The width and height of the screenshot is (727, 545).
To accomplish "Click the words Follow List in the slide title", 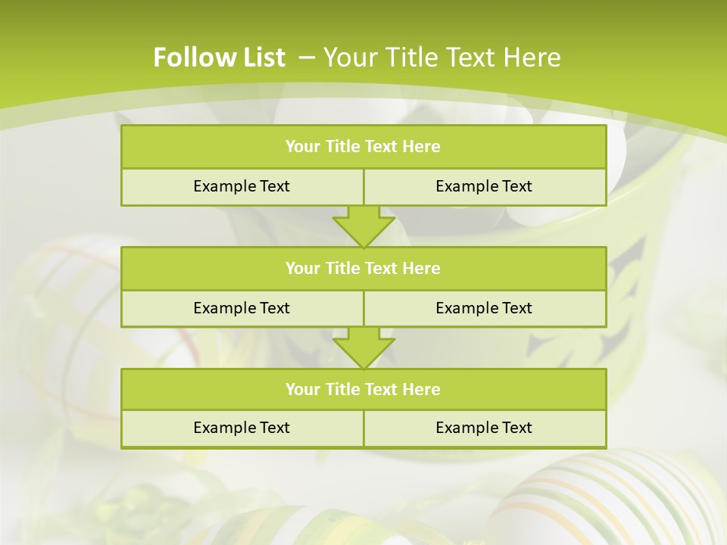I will coord(219,58).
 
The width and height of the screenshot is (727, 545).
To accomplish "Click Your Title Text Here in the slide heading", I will coord(442,58).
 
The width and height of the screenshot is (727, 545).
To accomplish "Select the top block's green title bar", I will coord(363,147).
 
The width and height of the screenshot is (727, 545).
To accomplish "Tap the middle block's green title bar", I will coord(363,268).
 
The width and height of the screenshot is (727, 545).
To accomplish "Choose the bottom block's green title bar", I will coord(363,389).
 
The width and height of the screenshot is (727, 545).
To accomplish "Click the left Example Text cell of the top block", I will coord(242,186).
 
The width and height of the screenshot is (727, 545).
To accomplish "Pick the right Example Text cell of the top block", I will coord(484,186).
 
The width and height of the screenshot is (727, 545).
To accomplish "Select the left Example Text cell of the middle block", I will coord(242,308).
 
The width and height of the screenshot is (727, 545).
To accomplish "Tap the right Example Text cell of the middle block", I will coord(484,308).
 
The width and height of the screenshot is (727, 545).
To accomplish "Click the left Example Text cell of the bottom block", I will coord(242,428).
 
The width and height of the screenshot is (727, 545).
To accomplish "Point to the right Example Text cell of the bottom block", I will coord(484,428).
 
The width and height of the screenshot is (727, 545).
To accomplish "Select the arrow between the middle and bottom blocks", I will coord(363,347).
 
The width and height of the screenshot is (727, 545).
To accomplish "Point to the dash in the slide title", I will coord(307,58).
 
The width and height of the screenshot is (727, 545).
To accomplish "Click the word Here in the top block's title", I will coord(421,147).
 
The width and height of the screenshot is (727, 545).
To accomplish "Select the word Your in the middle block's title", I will coord(302,268).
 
